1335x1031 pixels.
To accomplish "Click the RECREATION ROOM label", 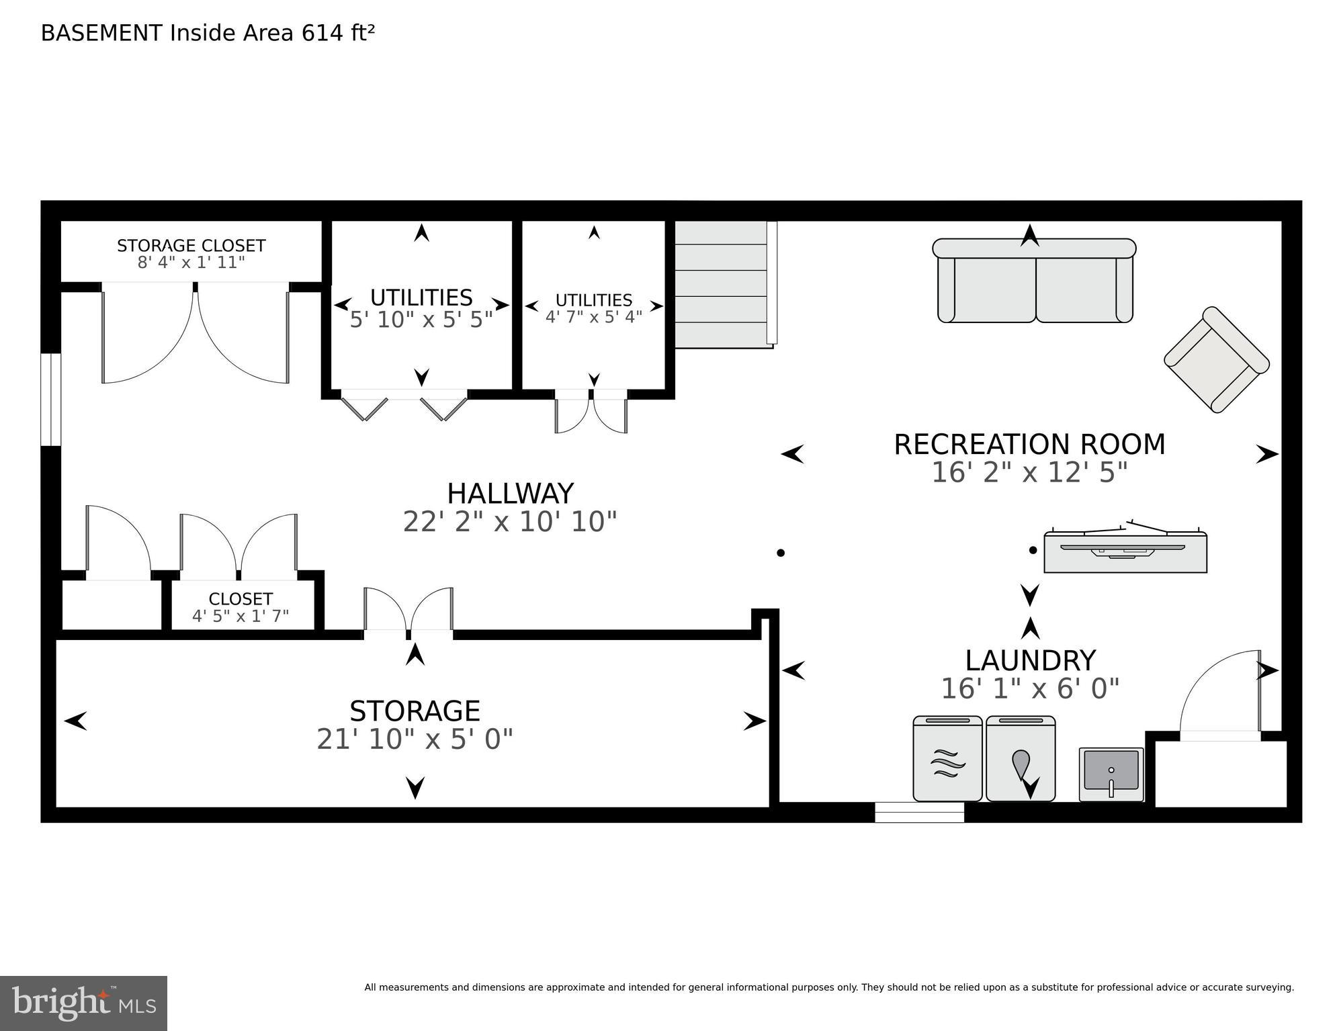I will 1029,445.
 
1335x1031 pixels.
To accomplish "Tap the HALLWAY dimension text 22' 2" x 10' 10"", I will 509,522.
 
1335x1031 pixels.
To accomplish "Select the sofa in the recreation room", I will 1035,281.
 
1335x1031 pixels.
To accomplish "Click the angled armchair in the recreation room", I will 1216,359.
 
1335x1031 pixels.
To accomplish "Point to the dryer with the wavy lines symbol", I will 947,759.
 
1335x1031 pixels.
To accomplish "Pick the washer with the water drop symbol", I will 1020,759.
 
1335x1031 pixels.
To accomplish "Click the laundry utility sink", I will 1111,774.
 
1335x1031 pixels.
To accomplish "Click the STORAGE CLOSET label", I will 191,246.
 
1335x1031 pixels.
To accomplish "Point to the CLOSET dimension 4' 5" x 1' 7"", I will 241,616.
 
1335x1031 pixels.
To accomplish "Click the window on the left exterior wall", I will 51,400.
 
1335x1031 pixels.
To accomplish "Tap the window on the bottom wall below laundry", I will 919,813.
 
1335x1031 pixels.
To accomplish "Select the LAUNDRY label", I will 1030,661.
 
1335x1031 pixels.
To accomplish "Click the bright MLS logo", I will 83,1003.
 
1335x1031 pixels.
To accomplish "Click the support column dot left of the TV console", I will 1033,550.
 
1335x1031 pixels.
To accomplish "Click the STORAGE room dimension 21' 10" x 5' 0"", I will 415,739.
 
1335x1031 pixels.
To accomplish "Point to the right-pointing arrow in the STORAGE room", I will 754,721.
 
